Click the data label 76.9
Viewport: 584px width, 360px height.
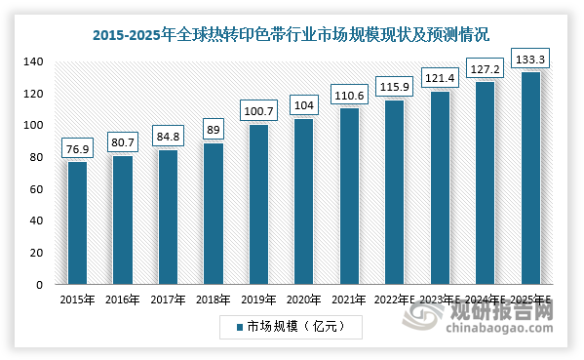tap(77, 148)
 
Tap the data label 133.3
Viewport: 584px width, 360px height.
tap(530, 59)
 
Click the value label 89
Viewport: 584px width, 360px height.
tap(214, 129)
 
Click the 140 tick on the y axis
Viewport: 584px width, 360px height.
tap(34, 61)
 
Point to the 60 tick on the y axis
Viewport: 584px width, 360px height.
tap(37, 189)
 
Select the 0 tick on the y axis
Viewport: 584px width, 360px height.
tap(41, 285)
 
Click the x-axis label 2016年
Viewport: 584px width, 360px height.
tap(123, 300)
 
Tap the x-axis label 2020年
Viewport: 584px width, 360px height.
tap(304, 300)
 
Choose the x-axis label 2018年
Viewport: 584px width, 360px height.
tap(214, 300)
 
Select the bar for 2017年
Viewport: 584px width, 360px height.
tap(168, 217)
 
